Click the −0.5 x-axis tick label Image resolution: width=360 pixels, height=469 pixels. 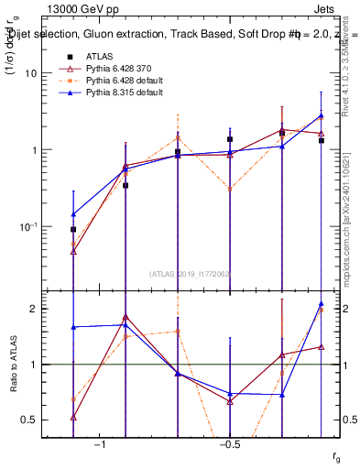229,444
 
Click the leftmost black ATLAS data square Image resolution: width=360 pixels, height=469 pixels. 73,230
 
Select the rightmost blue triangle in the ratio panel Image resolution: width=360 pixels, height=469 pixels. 322,304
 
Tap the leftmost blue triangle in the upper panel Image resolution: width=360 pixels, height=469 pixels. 73,214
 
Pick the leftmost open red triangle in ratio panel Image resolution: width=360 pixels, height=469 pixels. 73,417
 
